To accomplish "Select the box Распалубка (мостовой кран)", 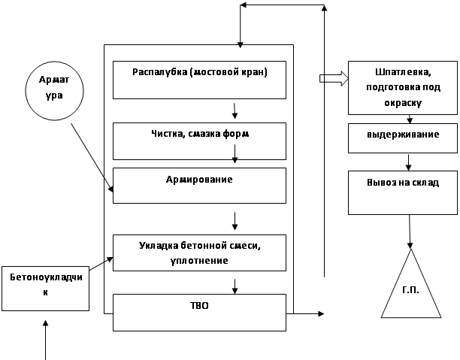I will tap(199, 80).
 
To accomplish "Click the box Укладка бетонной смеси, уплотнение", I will tap(199, 253).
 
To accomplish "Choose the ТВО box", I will tap(199, 311).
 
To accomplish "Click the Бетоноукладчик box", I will tap(45, 285).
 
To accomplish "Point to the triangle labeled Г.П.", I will tap(410, 289).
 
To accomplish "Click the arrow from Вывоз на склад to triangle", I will tap(410, 231).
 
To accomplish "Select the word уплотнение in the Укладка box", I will tap(199, 260).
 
